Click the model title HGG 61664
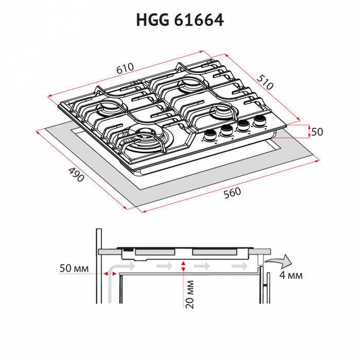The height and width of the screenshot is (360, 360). point(180,20)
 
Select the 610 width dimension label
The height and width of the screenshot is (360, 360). point(125,67)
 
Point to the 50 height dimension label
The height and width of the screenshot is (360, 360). point(317,132)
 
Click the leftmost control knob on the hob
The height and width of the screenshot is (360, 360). point(210,135)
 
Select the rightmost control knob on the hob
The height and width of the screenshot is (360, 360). point(259,122)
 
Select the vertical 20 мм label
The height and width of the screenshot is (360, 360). point(190,293)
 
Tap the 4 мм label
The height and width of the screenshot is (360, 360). point(291,275)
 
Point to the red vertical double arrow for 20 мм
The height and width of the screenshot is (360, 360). point(183,266)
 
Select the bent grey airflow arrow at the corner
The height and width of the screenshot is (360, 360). point(114,278)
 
